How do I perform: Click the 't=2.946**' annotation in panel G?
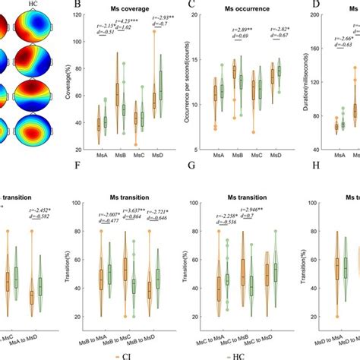coord(248,217)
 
